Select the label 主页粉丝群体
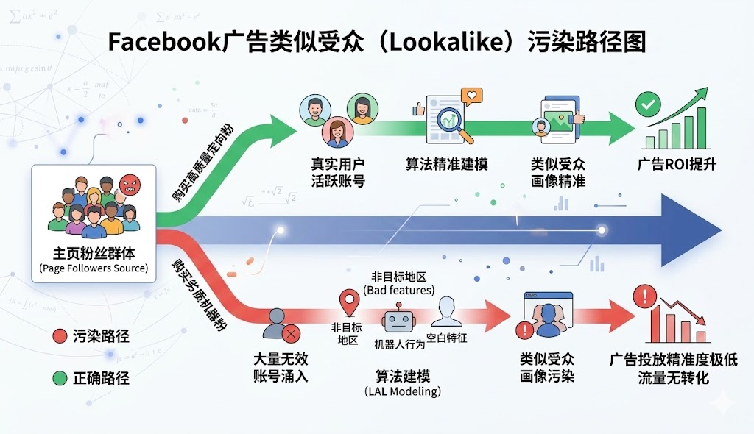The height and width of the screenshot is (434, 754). coord(94,250)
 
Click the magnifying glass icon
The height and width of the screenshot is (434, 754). coord(448,120)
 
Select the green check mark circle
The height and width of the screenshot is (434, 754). coord(649,106)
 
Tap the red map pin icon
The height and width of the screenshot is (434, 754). coord(348,303)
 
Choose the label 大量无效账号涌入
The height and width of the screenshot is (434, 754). coord(281,367)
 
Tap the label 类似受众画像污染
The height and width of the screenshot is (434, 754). coord(547,367)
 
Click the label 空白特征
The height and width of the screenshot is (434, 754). coord(447,338)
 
